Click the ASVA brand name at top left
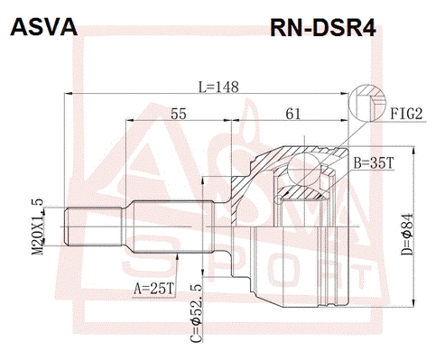coord(42,30)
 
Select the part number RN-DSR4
coord(321,30)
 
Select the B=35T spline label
coord(372,163)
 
